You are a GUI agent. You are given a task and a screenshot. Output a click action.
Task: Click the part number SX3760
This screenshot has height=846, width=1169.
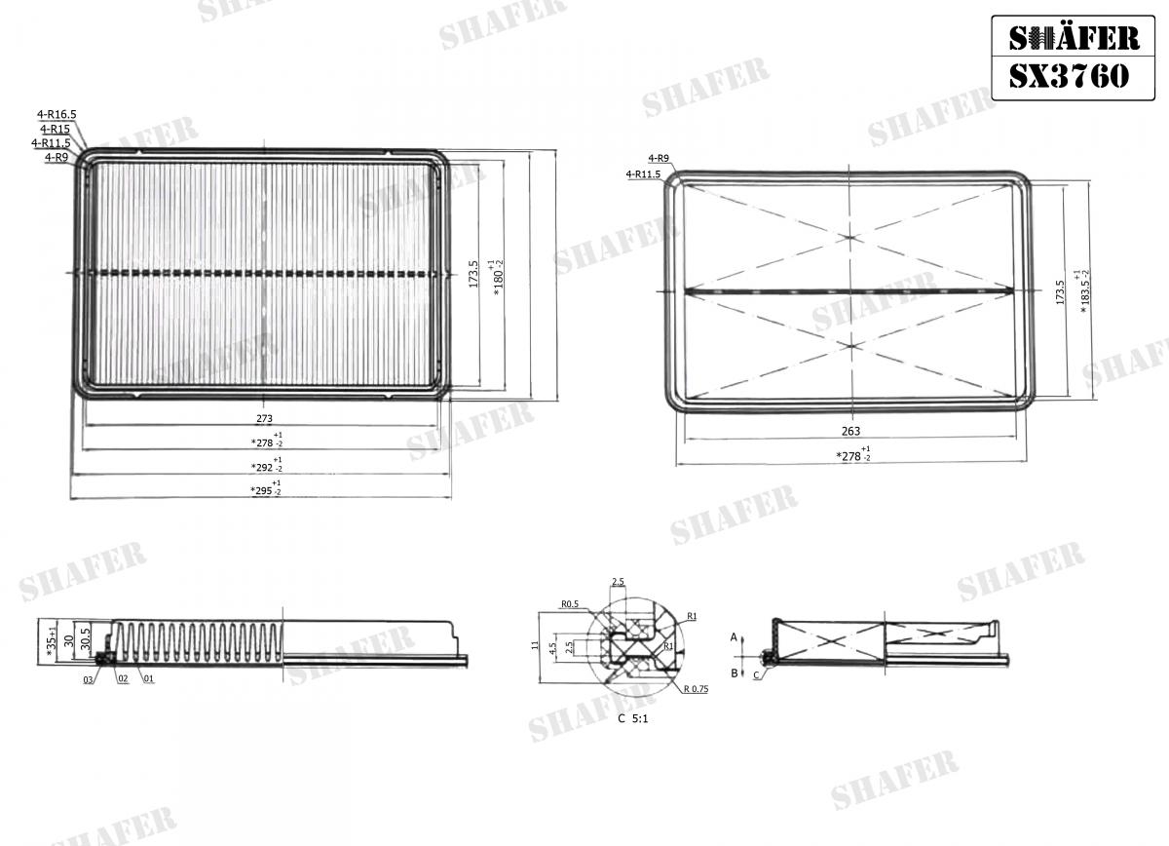[x=1068, y=76]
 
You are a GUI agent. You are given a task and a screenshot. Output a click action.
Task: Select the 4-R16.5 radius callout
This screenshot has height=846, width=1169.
[x=57, y=115]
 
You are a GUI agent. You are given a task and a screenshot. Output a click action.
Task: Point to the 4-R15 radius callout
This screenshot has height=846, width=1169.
[x=55, y=129]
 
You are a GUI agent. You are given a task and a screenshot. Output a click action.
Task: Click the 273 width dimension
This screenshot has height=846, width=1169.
[x=264, y=419]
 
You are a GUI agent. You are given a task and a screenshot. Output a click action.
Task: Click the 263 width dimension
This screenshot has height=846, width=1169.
[x=850, y=431]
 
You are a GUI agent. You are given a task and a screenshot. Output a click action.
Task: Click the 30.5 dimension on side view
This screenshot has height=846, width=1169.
[x=86, y=639]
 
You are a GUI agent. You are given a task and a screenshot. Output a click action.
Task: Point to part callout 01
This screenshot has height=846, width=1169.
[x=148, y=678]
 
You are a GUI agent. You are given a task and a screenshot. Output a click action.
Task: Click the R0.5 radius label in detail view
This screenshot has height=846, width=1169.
[x=571, y=604]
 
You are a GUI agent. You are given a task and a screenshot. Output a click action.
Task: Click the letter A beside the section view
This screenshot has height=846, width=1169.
[x=734, y=635]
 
